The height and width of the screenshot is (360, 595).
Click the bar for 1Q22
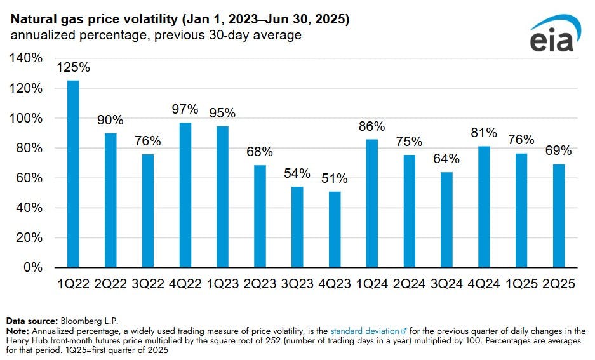(x=73, y=173)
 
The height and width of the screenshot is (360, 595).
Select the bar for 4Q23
(x=335, y=229)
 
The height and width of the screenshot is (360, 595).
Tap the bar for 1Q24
(x=371, y=203)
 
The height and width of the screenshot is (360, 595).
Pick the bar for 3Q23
(x=297, y=227)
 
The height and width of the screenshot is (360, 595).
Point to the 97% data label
(x=185, y=109)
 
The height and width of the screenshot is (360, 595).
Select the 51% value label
(x=335, y=178)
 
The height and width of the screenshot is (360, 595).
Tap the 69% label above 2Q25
(x=558, y=151)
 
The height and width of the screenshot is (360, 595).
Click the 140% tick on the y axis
(x=27, y=58)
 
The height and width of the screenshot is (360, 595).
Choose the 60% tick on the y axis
(x=29, y=178)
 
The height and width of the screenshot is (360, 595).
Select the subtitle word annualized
(x=39, y=36)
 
